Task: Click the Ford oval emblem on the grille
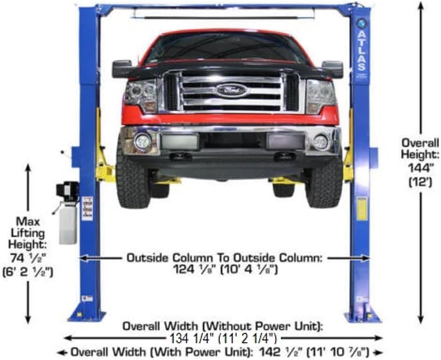(x=232, y=90)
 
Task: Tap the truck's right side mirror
(x=333, y=69)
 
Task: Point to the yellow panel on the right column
(x=362, y=209)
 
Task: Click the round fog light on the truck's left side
(x=142, y=141)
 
